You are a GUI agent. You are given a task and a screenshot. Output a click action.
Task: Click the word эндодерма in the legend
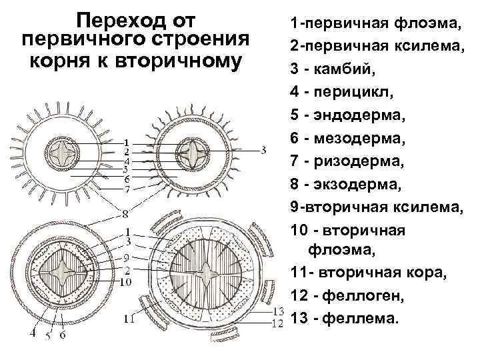367,114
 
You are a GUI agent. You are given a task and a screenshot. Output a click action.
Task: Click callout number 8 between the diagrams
125,213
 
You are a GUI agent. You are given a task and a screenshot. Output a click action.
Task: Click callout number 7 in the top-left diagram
127,189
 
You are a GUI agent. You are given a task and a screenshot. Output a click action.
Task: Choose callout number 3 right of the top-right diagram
264,150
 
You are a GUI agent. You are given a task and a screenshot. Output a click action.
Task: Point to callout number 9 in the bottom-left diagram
126,257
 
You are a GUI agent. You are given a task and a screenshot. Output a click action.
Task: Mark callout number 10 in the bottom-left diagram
126,282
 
